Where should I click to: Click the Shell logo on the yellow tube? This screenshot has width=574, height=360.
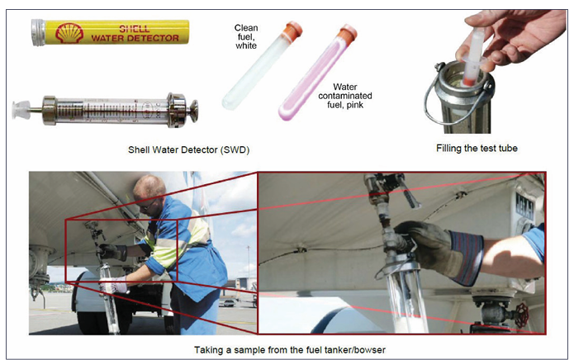[69, 32]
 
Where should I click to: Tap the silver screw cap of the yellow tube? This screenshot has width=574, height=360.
[38, 32]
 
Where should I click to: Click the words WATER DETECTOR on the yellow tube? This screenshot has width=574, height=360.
[135, 38]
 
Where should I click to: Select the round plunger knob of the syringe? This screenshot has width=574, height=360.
[193, 111]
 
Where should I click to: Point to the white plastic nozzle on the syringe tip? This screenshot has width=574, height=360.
[21, 109]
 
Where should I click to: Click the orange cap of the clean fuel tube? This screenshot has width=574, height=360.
[292, 30]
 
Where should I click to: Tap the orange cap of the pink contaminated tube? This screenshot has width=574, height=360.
[347, 33]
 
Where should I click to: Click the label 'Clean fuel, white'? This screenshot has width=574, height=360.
[246, 36]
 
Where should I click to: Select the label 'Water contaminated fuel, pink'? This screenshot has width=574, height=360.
[345, 96]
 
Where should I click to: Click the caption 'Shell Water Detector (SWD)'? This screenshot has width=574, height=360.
[188, 149]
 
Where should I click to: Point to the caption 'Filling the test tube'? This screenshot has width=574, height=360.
[477, 148]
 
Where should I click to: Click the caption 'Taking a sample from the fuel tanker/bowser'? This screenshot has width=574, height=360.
[290, 350]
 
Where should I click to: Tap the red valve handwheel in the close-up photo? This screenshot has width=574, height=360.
[522, 315]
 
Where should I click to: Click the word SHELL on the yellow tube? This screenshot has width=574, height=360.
[135, 29]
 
